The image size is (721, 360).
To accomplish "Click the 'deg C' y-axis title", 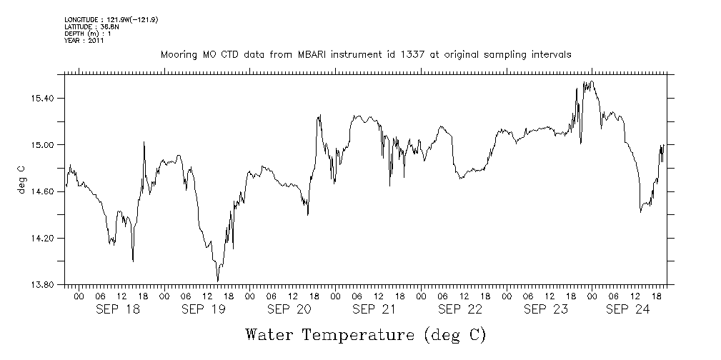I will [x=21, y=179].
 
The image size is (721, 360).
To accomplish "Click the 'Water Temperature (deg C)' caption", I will [x=366, y=334].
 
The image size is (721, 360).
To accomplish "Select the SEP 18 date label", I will [x=118, y=309].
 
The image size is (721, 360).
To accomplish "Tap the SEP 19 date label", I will [x=204, y=309].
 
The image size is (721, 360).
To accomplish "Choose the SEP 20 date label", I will [x=289, y=309].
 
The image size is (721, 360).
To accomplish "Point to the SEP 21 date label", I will [x=374, y=309].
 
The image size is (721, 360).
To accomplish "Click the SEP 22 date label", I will [x=460, y=309].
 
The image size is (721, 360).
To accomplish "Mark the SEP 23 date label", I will [x=546, y=309].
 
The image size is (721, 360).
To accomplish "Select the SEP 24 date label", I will [x=627, y=309].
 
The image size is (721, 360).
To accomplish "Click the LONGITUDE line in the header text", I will [x=111, y=19].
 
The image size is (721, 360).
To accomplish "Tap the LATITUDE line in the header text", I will [x=89, y=26].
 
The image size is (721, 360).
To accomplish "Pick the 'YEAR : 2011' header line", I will [x=84, y=41].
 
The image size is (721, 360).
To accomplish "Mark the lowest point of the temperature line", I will [x=217, y=281].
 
